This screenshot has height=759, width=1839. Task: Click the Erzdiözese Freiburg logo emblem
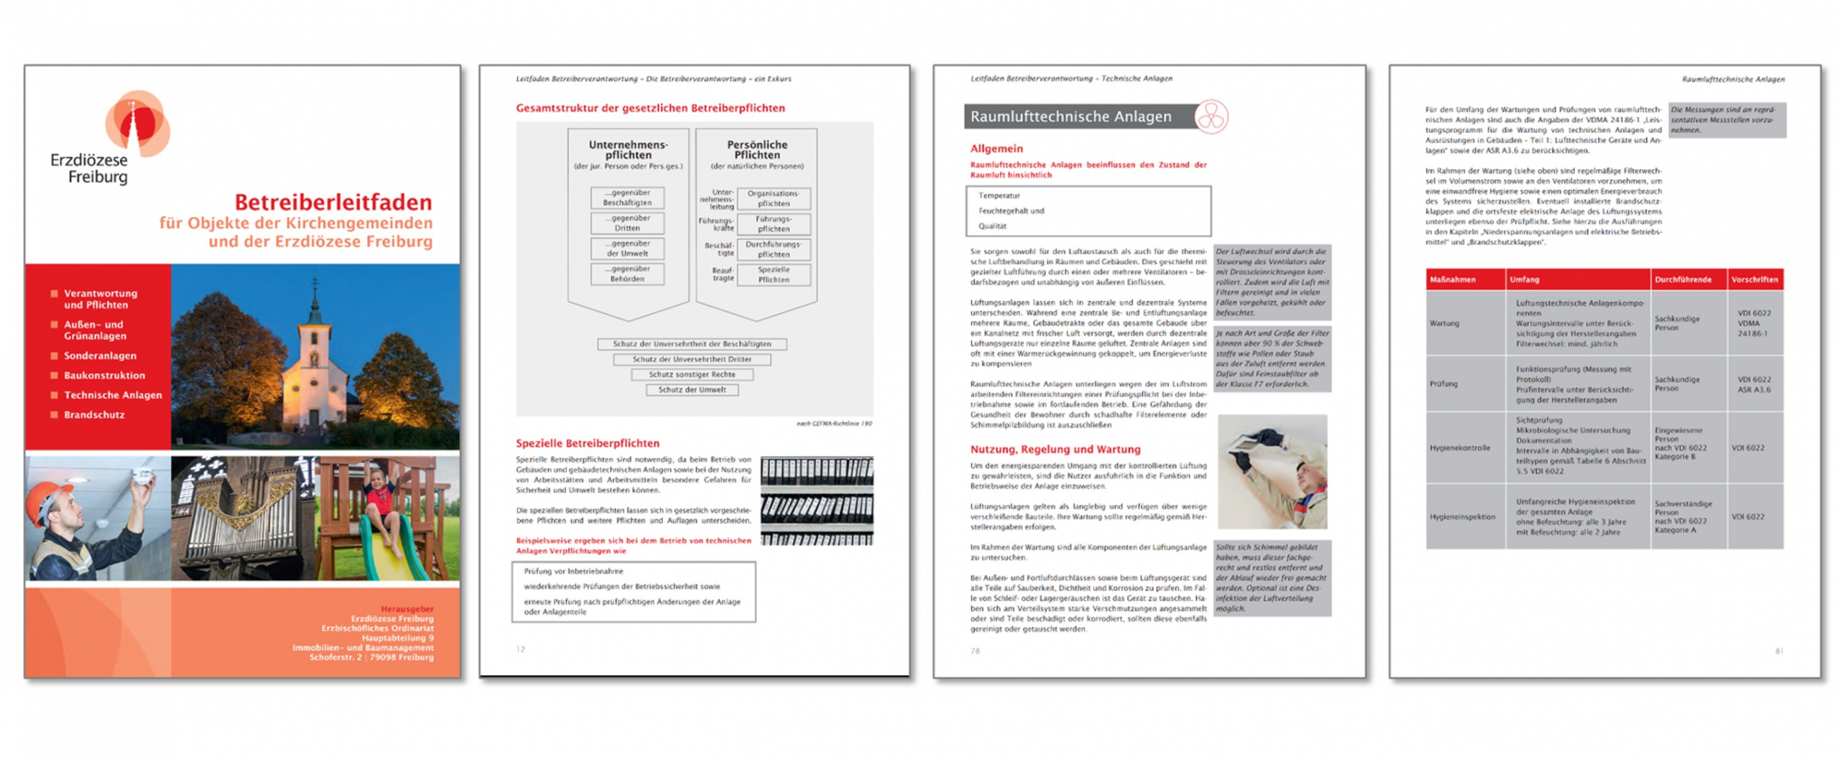coord(136,122)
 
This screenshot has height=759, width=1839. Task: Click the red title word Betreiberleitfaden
coord(333,202)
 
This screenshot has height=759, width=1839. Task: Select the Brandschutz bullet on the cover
coord(93,414)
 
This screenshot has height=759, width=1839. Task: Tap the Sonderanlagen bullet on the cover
coord(99,355)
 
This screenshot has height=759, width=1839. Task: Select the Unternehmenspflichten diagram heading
coord(627,149)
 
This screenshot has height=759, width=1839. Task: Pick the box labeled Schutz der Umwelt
coord(691,390)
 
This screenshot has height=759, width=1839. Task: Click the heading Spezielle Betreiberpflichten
coord(587,443)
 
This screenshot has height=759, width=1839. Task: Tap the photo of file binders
coord(816,500)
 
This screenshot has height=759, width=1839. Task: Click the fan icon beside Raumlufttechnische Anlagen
coord(1210,116)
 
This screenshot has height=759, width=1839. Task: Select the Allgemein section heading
coord(996,149)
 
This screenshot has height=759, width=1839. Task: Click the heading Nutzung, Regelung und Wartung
coord(1055,450)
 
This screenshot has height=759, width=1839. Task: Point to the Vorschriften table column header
coord(1754,279)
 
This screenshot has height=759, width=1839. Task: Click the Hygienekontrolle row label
coord(1459,447)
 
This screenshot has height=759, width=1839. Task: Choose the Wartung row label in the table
coord(1444,323)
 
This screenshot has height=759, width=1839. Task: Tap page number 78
coord(974,651)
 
